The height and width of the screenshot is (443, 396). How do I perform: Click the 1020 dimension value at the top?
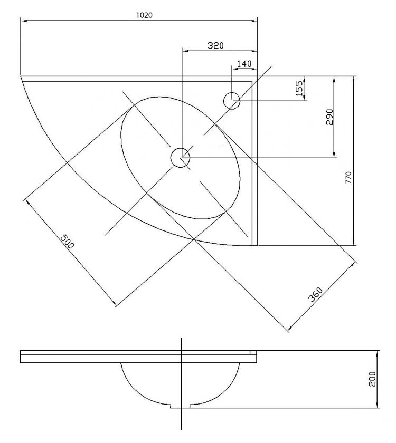[144, 15]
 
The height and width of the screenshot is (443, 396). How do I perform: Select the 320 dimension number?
[215, 45]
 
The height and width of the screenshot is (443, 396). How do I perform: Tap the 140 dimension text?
[244, 64]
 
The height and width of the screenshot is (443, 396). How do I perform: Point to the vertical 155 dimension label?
[299, 88]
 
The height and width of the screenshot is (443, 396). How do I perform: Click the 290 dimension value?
[330, 117]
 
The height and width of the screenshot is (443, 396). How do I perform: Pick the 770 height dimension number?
[348, 177]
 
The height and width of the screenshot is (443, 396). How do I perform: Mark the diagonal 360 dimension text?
[315, 294]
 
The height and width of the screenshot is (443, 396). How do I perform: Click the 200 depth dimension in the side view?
[373, 379]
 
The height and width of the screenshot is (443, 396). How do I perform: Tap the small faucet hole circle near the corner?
[232, 101]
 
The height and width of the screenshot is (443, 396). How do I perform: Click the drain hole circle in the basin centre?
[181, 158]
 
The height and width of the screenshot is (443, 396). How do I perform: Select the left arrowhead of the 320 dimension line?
[185, 51]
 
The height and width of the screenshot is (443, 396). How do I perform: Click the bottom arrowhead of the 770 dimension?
[353, 243]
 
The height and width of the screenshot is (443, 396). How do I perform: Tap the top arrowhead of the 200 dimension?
[378, 354]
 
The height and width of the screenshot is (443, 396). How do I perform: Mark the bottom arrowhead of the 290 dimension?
[334, 154]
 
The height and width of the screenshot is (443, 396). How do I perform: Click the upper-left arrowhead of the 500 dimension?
[28, 203]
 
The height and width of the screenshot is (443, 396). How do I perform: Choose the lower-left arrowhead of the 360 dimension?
[290, 328]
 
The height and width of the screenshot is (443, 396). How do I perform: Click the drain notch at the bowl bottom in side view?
[181, 406]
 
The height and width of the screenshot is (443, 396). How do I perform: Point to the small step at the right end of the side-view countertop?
[253, 352]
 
